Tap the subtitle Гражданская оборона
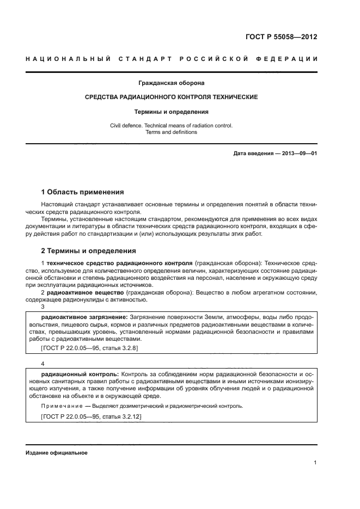pos(171,83)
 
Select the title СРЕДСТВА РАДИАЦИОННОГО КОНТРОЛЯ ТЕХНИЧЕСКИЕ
pos(171,97)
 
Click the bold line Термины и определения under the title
pos(171,112)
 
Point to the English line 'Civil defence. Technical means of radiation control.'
pos(171,125)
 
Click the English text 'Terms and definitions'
pos(171,132)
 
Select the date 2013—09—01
pos(300,154)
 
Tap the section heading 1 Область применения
pos(83,192)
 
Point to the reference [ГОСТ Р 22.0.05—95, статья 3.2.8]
pos(89,347)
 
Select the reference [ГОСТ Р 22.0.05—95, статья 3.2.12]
pos(91,416)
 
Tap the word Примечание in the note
pos(60,406)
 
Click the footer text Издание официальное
pos(56,453)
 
